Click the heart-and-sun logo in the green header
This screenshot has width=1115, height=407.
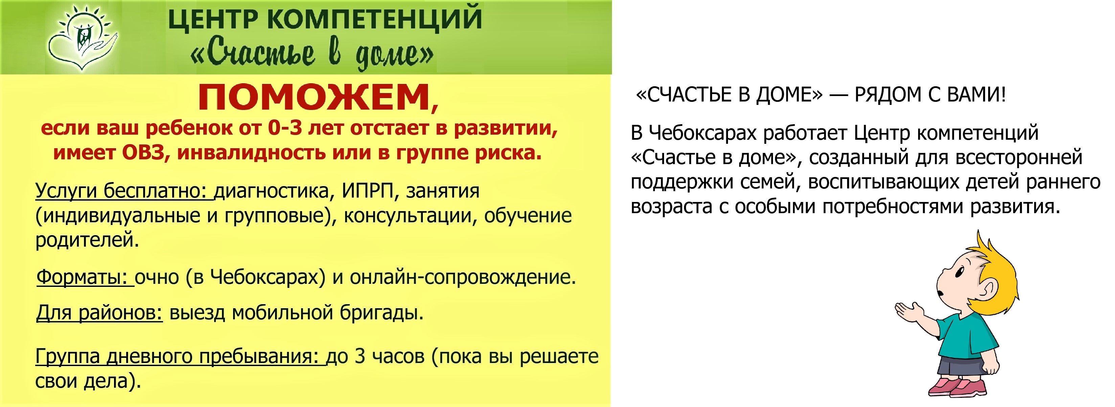(83, 39)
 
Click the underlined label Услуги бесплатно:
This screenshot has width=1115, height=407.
(124, 191)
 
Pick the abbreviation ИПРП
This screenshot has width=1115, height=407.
(368, 190)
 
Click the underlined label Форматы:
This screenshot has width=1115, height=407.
(85, 277)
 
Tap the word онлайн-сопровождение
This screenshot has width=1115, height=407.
(463, 277)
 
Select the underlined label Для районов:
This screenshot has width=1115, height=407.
(99, 313)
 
